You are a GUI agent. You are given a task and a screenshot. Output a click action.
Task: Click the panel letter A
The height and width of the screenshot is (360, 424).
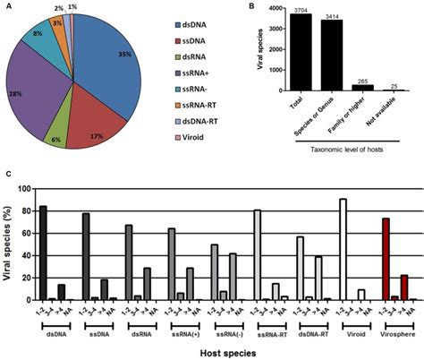point(8,7)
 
